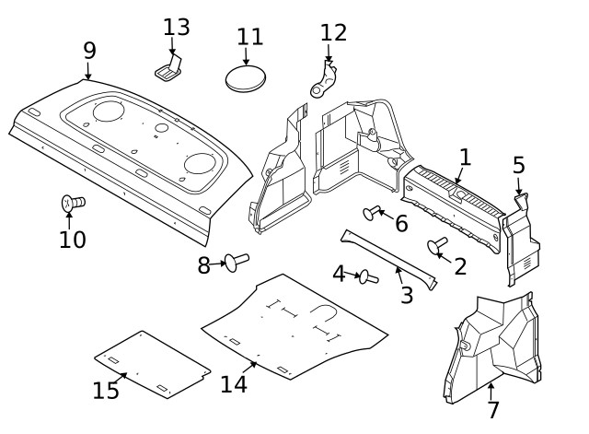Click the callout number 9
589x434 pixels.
(x=88, y=50)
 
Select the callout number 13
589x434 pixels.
(x=176, y=28)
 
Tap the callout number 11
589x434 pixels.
(x=249, y=37)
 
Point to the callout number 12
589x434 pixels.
(x=333, y=33)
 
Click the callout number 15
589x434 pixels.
(x=106, y=391)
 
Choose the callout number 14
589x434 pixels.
(x=234, y=383)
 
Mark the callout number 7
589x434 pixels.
(x=493, y=410)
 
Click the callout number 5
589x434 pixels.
(x=519, y=166)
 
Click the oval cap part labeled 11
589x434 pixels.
(x=246, y=77)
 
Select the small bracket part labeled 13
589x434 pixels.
(x=169, y=66)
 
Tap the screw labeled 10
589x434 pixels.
(x=72, y=203)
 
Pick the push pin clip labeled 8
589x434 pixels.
(x=237, y=263)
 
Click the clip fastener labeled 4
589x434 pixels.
(x=369, y=276)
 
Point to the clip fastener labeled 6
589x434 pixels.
(x=373, y=213)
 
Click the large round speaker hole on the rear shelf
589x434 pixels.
(x=200, y=164)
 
